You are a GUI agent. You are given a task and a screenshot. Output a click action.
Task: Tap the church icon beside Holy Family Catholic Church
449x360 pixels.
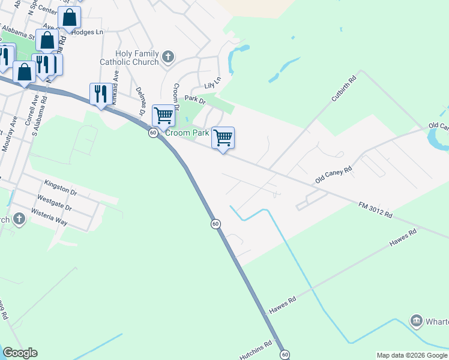coord(168,58)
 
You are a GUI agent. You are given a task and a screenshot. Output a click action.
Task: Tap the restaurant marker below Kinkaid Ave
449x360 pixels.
coord(100,94)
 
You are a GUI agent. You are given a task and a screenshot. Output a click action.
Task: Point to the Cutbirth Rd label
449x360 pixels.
coord(343,88)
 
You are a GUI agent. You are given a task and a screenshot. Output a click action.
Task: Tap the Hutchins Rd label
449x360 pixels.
coord(259,348)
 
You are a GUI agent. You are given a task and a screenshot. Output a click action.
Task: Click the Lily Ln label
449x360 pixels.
coord(212,83)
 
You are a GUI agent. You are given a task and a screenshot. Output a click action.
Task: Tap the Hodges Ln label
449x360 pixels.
coord(87,32)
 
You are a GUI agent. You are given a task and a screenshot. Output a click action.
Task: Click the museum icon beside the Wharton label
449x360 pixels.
coord(416,322)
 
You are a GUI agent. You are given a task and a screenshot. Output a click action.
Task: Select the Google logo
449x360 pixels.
coord(20,353)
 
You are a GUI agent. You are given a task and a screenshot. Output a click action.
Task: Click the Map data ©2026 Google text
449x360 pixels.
coord(411,355)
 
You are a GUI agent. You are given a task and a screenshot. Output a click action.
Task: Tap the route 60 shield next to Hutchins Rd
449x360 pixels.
coord(285,355)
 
